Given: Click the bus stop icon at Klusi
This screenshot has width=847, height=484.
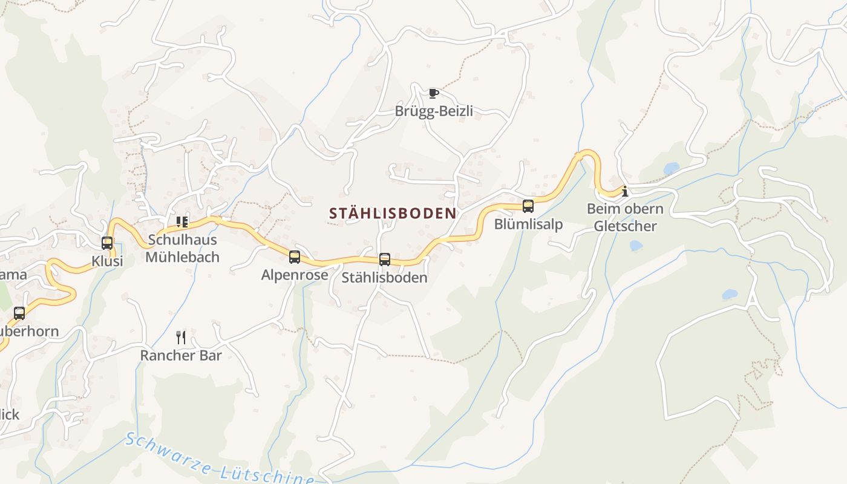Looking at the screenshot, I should click(x=107, y=243).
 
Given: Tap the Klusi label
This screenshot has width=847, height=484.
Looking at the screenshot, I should click(x=107, y=261).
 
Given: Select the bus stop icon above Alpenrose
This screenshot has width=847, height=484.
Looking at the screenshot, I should click(x=295, y=257).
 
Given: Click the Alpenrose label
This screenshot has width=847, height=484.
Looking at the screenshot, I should click(x=295, y=275).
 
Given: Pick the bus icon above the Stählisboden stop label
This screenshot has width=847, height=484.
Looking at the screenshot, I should click(x=384, y=260).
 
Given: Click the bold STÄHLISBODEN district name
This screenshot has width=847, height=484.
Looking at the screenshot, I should click(x=393, y=214).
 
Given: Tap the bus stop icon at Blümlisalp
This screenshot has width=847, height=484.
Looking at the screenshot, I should click(x=528, y=206).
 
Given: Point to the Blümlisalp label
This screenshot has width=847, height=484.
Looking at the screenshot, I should click(x=528, y=224).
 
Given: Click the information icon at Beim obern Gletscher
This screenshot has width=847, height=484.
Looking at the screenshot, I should click(x=625, y=192).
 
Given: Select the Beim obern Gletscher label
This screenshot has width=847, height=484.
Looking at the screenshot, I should click(x=625, y=218).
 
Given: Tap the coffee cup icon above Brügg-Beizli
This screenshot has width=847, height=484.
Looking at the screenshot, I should click(x=433, y=93).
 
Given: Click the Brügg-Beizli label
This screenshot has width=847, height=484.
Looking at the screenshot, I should click(x=434, y=111).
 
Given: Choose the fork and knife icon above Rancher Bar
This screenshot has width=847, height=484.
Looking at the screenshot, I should click(x=181, y=337).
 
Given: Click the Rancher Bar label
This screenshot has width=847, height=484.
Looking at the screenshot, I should click(x=181, y=355).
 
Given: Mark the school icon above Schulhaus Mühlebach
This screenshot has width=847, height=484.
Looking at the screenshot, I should click(x=182, y=222).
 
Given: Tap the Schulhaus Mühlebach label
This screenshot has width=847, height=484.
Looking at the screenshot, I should click(x=182, y=248).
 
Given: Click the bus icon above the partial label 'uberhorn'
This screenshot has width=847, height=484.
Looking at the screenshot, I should click(x=19, y=313).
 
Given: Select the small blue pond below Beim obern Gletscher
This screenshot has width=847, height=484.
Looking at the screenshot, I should click(x=635, y=246).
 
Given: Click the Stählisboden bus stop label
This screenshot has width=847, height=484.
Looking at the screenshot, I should click(x=384, y=278).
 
